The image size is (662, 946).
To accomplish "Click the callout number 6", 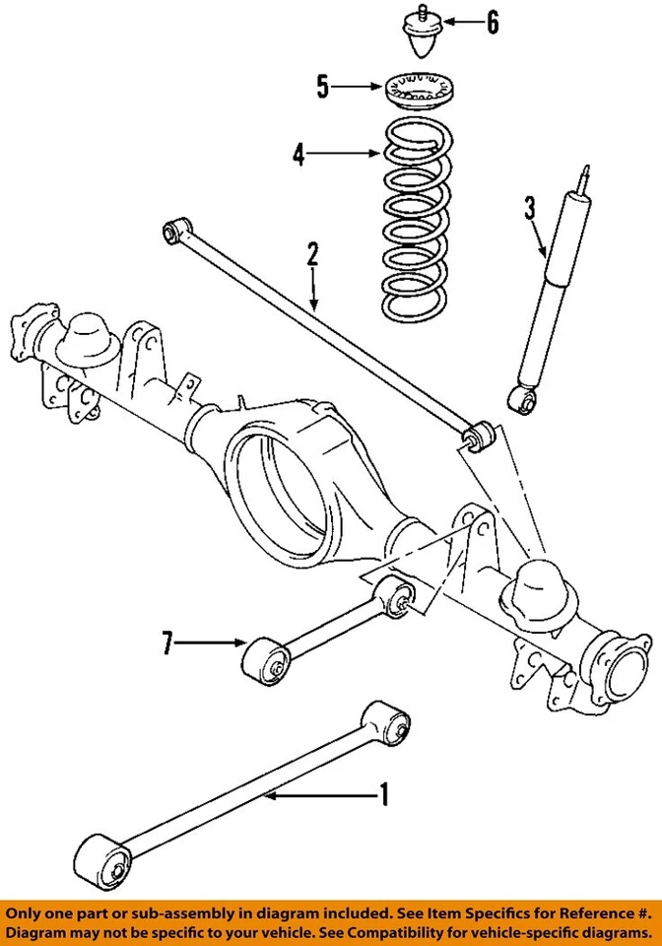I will click(x=492, y=21).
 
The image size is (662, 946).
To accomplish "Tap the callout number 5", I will click(x=322, y=88).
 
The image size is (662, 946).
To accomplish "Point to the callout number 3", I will click(x=530, y=208).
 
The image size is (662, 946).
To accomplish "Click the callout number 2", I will click(x=312, y=255).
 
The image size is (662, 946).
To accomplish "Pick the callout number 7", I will click(x=168, y=644).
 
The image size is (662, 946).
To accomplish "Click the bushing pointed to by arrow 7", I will click(x=266, y=657).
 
